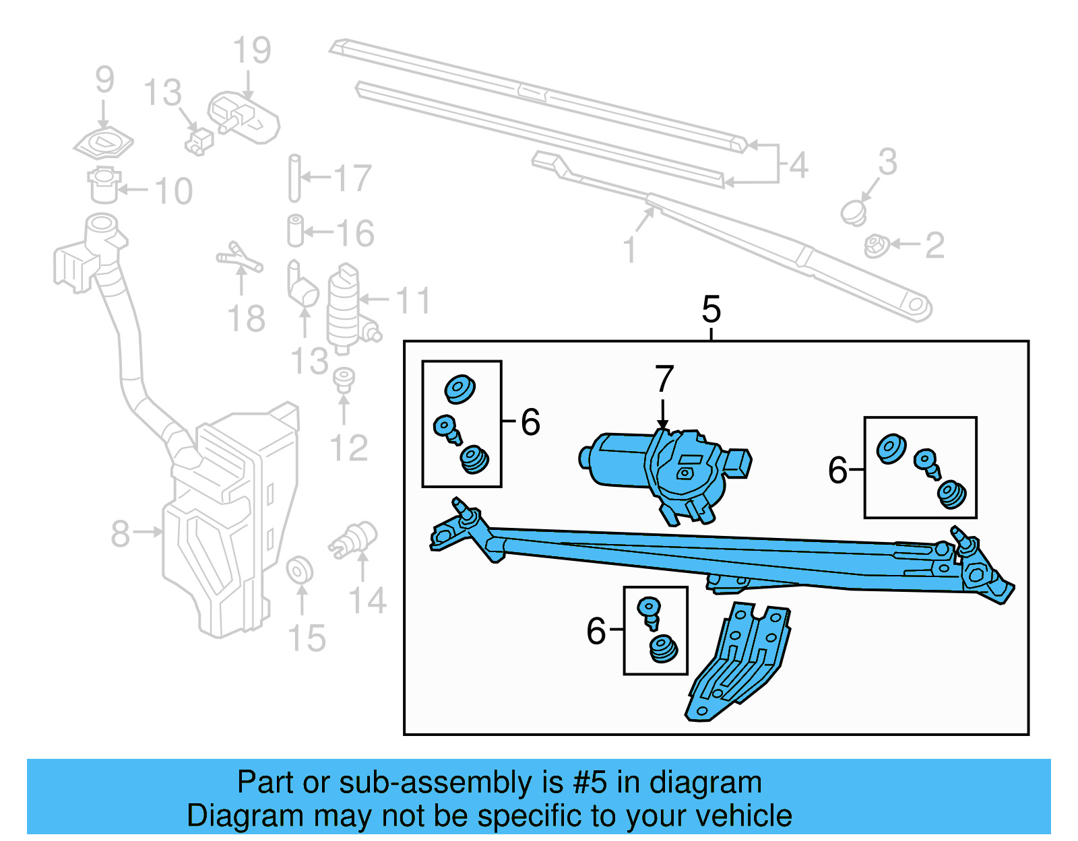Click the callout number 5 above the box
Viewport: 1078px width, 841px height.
click(x=711, y=310)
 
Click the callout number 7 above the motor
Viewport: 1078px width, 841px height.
click(x=664, y=378)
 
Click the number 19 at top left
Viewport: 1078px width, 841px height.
click(x=251, y=51)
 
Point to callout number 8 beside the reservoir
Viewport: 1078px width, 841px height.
click(x=120, y=534)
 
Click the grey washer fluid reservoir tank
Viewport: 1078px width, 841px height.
click(x=229, y=525)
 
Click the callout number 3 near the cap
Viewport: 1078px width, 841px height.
click(x=887, y=162)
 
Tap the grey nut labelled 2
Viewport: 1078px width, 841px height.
click(x=875, y=246)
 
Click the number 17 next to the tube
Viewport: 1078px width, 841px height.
click(x=352, y=178)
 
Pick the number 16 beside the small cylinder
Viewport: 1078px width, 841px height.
click(x=354, y=234)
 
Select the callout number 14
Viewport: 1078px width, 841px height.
click(x=367, y=600)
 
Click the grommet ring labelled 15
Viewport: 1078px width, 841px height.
click(x=299, y=571)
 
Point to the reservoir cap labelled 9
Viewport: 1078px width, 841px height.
click(x=103, y=143)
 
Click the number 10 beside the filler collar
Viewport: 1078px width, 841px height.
click(x=174, y=191)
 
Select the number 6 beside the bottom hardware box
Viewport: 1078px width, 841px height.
click(x=596, y=631)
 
